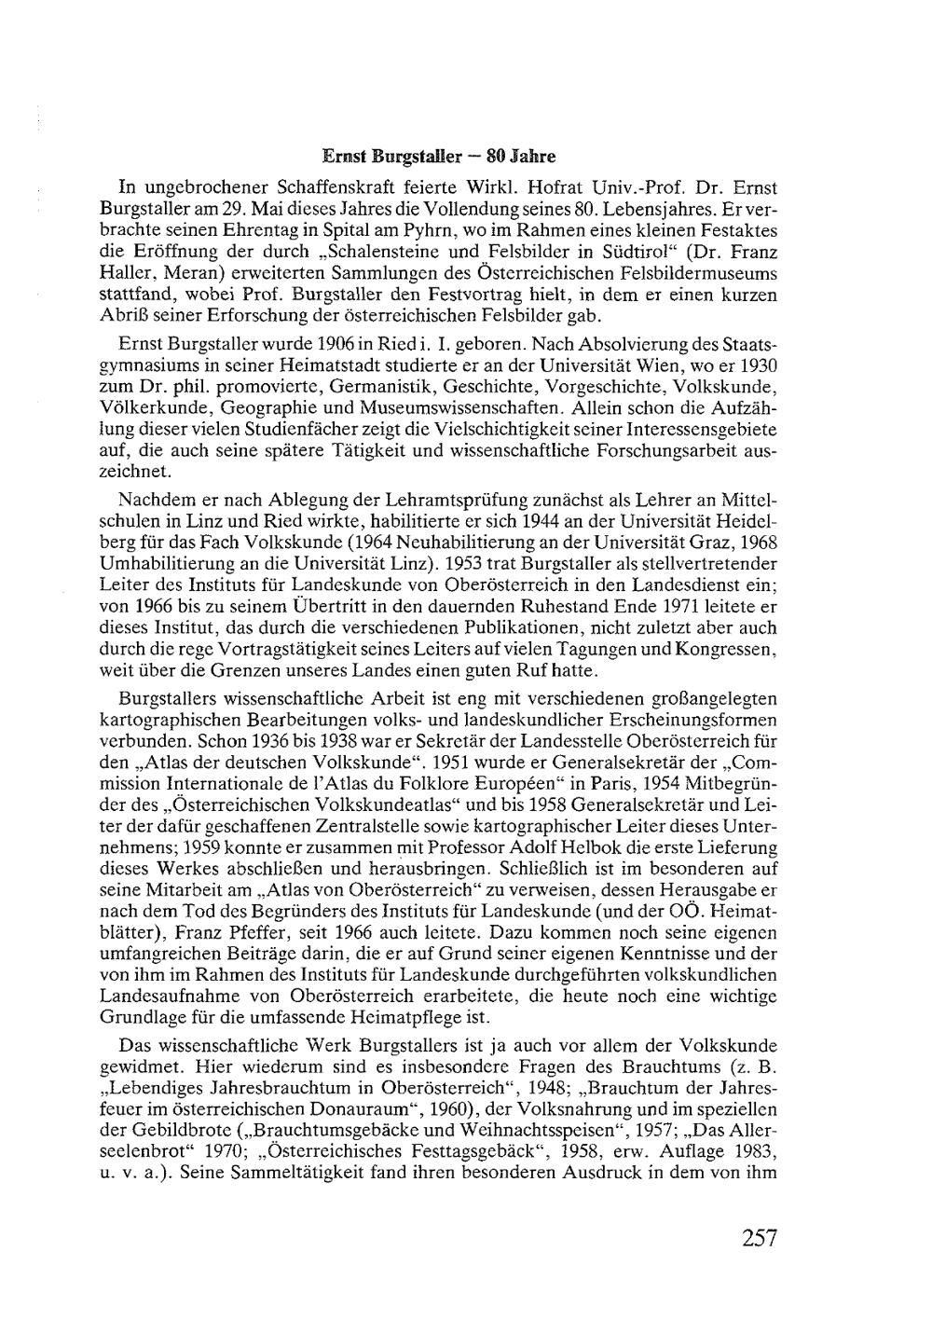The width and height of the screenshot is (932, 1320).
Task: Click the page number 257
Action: coord(760,1238)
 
